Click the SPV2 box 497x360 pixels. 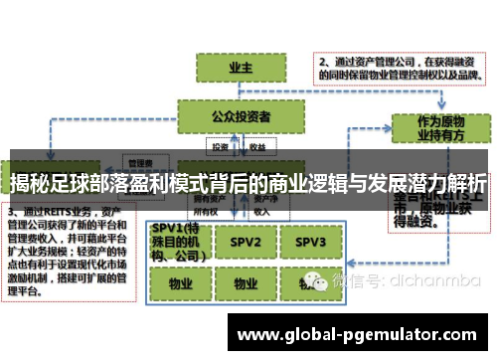coord(240,242)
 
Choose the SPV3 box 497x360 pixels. coord(310,242)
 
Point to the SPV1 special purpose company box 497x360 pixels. coord(176,242)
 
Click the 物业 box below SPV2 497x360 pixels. coord(240,282)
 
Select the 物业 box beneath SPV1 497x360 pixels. coord(176,282)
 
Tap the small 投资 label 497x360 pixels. coord(219,146)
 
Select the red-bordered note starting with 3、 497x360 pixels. coord(66,257)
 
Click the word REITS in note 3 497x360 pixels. coord(64,213)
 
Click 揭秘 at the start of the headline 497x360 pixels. coord(31,183)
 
